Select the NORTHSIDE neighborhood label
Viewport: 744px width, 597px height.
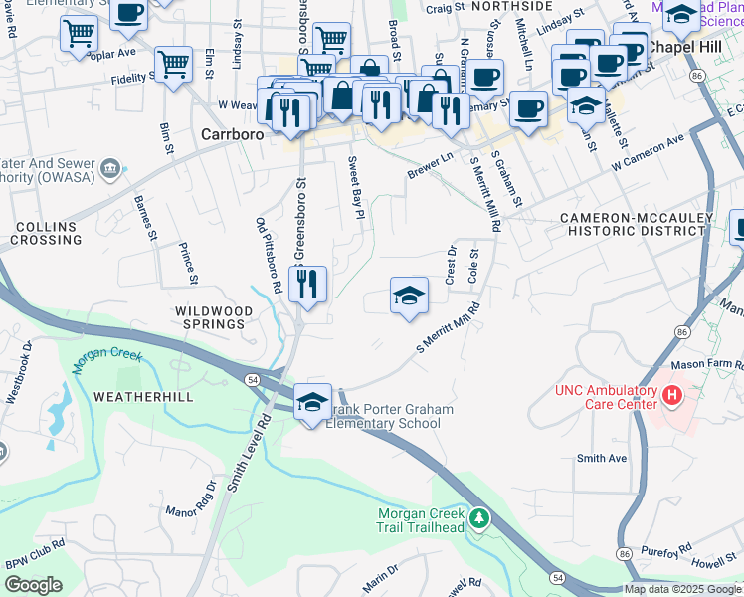pos(511,6)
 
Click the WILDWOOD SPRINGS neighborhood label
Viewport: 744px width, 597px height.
pos(210,317)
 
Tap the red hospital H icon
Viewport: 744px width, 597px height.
pos(672,397)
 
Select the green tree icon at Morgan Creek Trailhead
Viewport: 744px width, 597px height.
pos(480,518)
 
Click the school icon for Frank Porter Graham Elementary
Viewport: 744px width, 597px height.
pos(312,402)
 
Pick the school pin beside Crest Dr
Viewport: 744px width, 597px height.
pos(409,296)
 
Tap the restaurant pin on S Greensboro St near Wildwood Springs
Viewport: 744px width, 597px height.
pos(308,285)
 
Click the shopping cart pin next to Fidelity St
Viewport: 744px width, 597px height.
pos(173,65)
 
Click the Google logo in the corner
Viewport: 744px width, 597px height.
pos(33,585)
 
